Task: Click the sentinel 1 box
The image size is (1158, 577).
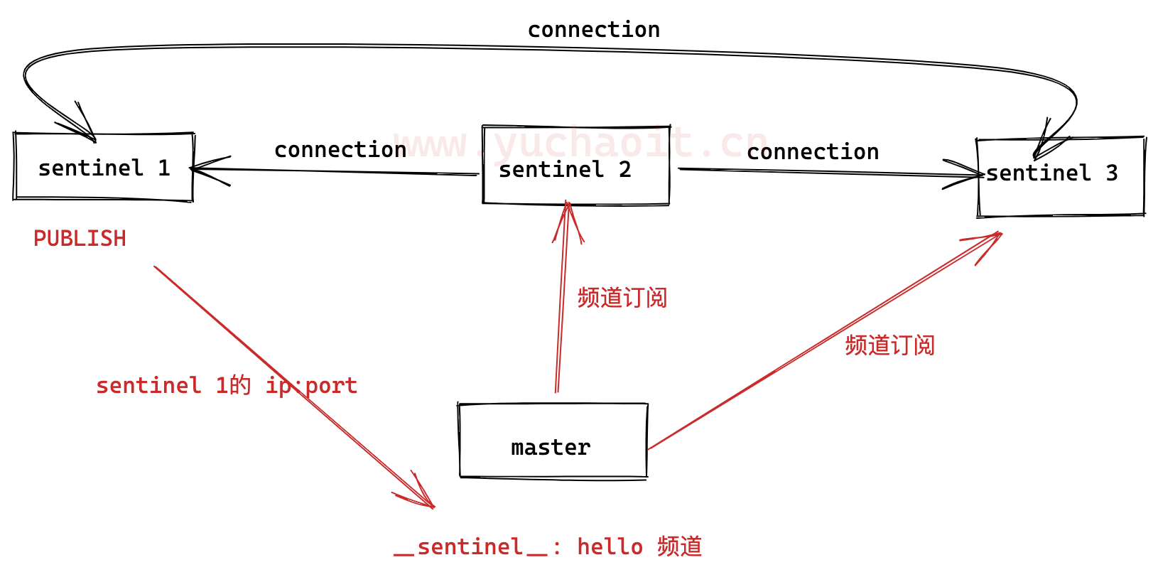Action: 104,167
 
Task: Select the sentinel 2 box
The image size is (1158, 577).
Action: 575,166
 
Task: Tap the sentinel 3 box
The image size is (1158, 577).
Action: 1060,177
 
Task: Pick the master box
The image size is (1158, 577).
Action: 553,441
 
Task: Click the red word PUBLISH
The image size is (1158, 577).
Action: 80,239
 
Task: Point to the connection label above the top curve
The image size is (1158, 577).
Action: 593,30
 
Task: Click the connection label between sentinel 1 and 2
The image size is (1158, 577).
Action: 340,150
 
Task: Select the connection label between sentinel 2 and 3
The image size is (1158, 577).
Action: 813,152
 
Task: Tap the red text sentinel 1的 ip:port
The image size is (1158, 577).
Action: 227,385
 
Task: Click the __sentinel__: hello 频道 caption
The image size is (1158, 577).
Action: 548,547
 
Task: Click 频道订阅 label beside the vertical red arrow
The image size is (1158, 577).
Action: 622,298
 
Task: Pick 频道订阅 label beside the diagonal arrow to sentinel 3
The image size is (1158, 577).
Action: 889,345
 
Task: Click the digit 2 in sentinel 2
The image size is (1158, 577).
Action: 624,169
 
